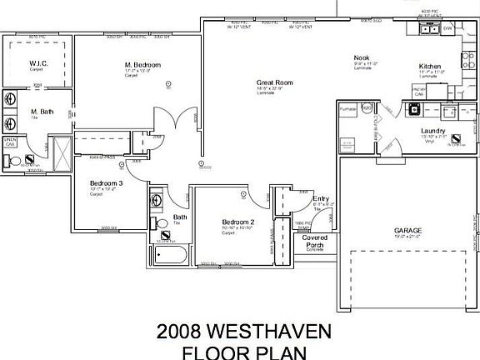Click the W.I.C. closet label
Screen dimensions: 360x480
[x=37, y=63]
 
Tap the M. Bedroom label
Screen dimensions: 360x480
[x=142, y=64]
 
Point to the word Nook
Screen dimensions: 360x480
[x=360, y=57]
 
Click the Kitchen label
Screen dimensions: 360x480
[x=430, y=66]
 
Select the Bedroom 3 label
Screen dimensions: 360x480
[x=106, y=182]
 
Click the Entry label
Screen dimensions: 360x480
[x=320, y=197]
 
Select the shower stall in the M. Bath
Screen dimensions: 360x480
[x=60, y=151]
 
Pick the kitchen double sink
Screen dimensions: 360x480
[x=429, y=30]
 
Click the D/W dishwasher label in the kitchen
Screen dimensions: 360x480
[x=448, y=29]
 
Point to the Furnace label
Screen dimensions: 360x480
[x=347, y=108]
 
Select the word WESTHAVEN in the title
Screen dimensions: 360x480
[x=272, y=332]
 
